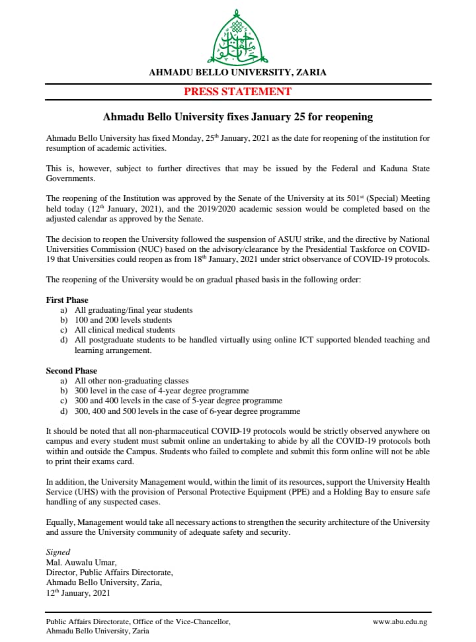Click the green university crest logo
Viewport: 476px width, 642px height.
(x=238, y=38)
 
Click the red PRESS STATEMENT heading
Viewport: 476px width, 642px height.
(x=237, y=92)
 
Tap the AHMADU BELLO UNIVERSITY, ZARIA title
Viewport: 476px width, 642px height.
(x=237, y=73)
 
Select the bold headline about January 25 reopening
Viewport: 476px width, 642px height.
(x=238, y=117)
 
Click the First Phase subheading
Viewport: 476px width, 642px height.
(x=67, y=300)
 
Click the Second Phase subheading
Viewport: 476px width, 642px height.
(x=71, y=371)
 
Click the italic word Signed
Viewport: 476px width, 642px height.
(x=58, y=552)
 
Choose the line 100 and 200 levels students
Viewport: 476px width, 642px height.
(x=123, y=320)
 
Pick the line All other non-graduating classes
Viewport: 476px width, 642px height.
(x=132, y=381)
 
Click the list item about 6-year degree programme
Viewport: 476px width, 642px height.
(x=187, y=411)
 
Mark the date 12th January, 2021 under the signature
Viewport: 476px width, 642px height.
(x=79, y=592)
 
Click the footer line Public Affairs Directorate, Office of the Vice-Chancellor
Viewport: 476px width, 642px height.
(x=138, y=622)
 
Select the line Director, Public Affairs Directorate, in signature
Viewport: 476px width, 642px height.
(x=110, y=573)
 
